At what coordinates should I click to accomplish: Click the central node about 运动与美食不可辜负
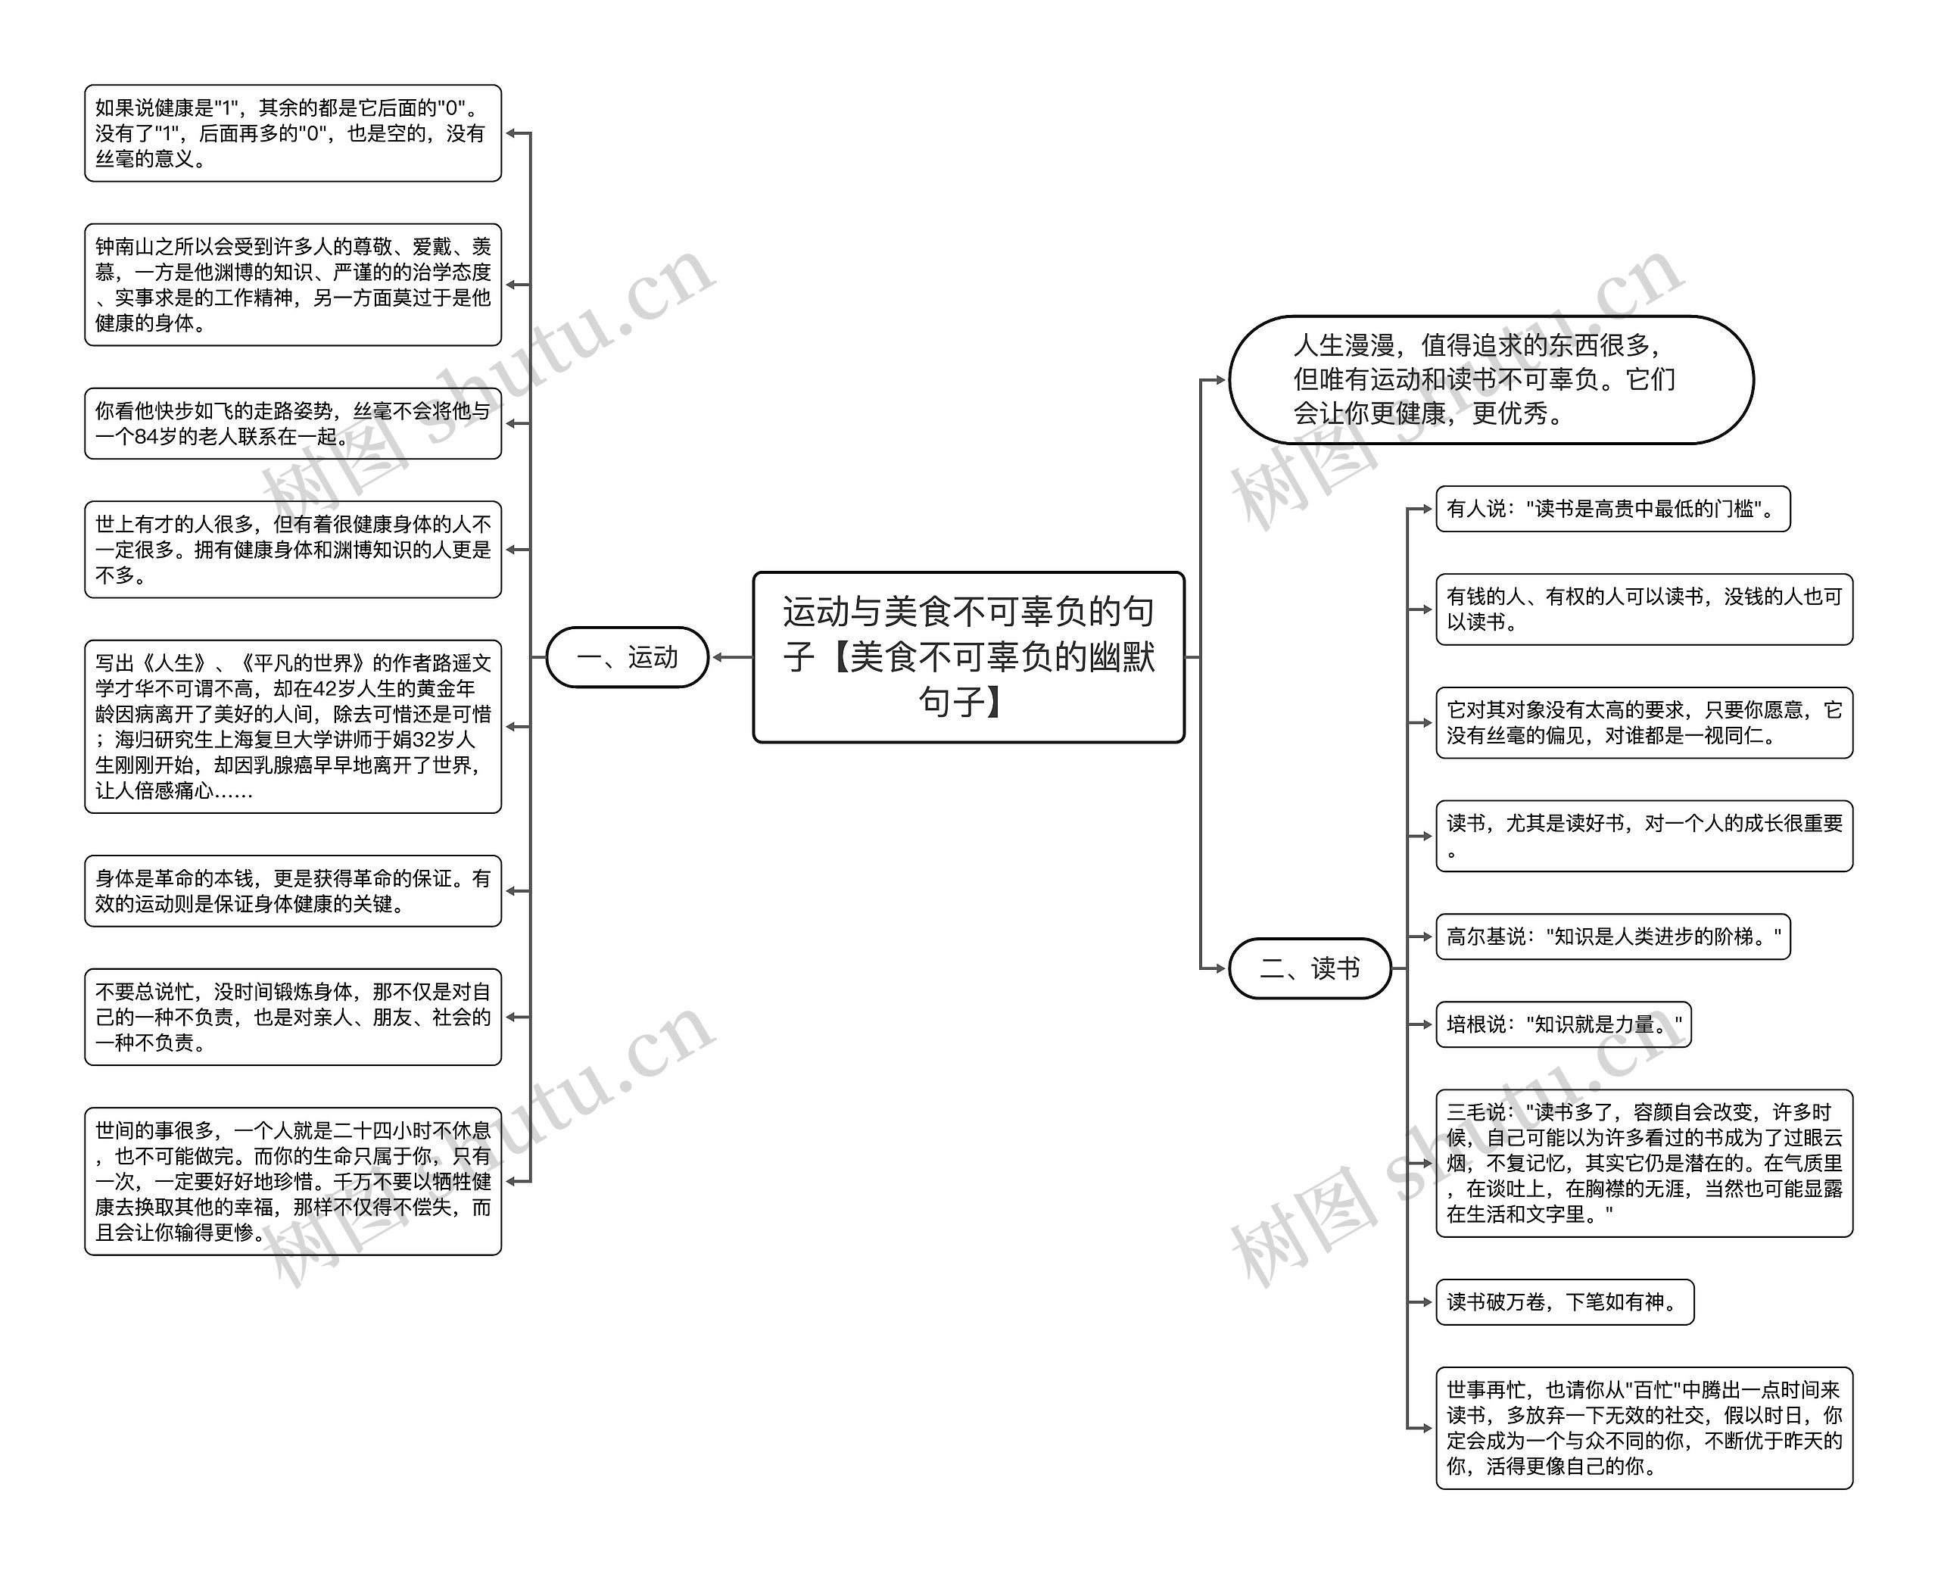(968, 656)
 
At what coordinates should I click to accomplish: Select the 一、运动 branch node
(626, 656)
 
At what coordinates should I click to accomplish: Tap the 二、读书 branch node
(1309, 968)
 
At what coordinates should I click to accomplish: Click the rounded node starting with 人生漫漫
(1490, 380)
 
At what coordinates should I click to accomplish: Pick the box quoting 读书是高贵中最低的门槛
(1612, 509)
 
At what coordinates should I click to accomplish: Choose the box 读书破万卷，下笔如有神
(1563, 1302)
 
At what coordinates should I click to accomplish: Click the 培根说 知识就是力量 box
(1563, 1024)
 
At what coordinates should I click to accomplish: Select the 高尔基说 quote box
(1612, 937)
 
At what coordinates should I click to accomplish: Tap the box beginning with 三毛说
(1644, 1163)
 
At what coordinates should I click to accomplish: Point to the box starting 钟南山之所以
(293, 285)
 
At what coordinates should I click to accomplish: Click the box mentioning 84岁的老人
(293, 423)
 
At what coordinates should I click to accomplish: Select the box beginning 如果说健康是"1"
(293, 133)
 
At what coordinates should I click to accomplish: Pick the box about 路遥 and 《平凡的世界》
(293, 726)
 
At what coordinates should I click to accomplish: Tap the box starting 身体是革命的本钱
(293, 891)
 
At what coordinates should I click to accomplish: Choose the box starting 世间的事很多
(293, 1181)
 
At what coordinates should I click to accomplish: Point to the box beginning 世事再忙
(1644, 1428)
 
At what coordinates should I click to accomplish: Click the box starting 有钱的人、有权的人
(1644, 609)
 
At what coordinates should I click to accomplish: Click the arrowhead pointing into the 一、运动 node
(717, 657)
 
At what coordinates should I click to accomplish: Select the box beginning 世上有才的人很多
(293, 550)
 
